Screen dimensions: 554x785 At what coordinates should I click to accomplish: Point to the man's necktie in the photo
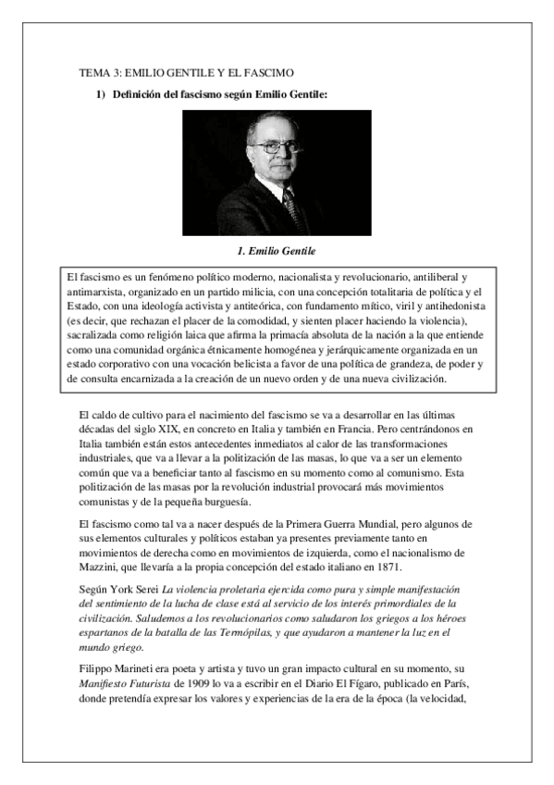click(x=294, y=210)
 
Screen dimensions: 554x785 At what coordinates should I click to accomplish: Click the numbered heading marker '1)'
click(x=103, y=93)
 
